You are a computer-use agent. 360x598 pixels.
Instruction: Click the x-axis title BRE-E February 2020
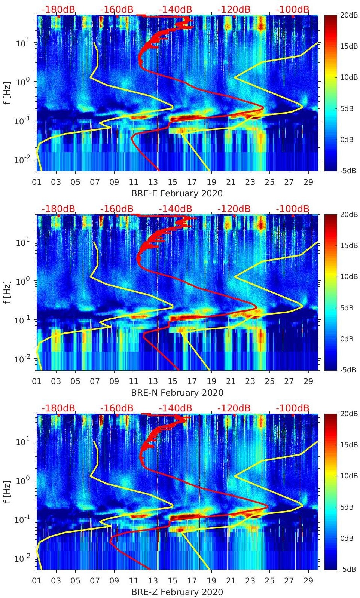(177, 193)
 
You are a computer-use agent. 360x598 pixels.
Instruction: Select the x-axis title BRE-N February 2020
(177, 393)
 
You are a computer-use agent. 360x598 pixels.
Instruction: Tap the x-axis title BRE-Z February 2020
(177, 592)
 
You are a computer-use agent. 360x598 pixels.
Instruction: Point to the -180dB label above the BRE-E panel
(58, 9)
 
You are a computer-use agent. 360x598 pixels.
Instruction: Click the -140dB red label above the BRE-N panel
(175, 209)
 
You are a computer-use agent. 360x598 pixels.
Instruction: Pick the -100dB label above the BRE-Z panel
(293, 408)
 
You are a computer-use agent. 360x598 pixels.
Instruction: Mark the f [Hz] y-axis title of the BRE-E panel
(7, 93)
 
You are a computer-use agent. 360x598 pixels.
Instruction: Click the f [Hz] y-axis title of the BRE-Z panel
(7, 491)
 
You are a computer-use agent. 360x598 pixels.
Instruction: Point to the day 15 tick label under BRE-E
(173, 182)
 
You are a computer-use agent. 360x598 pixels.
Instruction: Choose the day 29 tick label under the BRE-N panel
(308, 381)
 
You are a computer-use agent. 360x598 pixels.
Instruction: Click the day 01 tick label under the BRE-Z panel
(37, 581)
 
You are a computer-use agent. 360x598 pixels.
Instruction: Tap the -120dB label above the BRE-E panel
(234, 9)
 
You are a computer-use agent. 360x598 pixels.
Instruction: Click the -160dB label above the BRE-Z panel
(117, 408)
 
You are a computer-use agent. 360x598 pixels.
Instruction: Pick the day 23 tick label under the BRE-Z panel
(250, 581)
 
